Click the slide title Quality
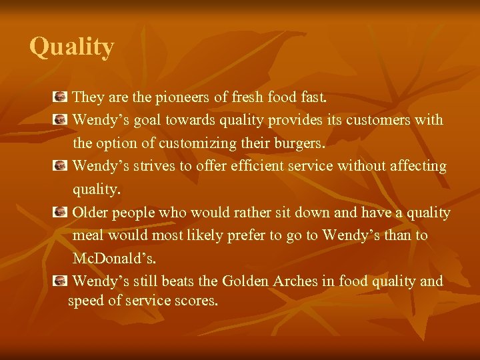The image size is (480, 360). click(x=72, y=47)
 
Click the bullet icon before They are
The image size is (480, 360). click(x=60, y=97)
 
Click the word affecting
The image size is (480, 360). click(x=413, y=166)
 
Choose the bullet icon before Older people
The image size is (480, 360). click(x=60, y=213)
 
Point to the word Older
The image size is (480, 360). click(x=90, y=213)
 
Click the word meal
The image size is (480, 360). click(x=88, y=235)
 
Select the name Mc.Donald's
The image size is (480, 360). click(x=114, y=259)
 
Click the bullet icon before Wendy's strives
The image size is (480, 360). click(x=60, y=166)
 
